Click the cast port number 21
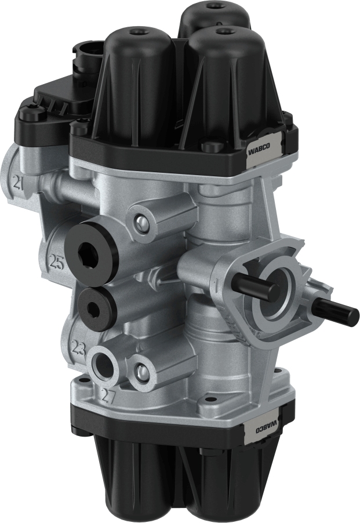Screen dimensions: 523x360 pyautogui.click(x=19, y=185)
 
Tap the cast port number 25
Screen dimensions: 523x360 pyautogui.click(x=56, y=263)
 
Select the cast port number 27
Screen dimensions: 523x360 pyautogui.click(x=107, y=396)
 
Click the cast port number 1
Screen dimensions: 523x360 pyautogui.click(x=216, y=284)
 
